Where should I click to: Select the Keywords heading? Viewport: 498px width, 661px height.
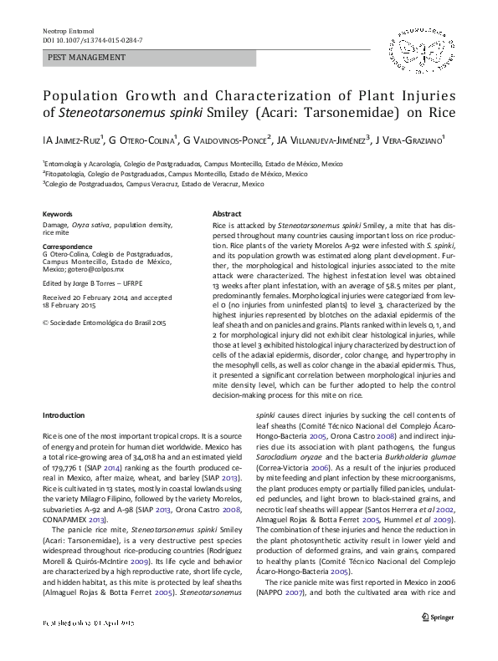click(x=57, y=215)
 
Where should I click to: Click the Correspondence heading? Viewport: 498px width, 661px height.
click(x=69, y=247)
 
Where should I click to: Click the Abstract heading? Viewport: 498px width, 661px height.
click(x=228, y=215)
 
